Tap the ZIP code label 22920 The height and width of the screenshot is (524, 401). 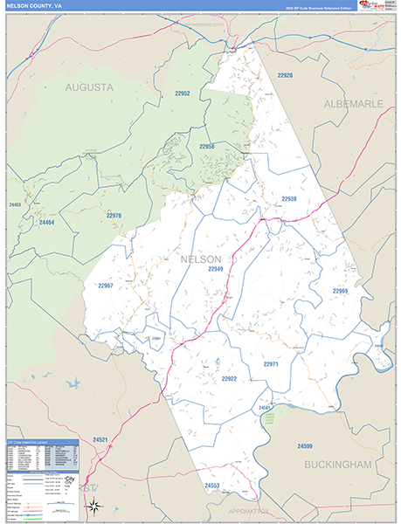tap(285, 76)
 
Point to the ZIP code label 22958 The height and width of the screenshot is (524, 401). tap(206, 147)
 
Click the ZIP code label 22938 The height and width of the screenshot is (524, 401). tap(289, 198)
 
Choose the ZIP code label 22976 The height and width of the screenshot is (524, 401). tap(114, 215)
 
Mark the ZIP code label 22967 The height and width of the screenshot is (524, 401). tap(106, 286)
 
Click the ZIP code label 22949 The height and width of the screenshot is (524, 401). tap(216, 269)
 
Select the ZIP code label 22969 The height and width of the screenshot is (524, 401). tap(340, 290)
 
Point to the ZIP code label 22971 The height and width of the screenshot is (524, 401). tap(271, 363)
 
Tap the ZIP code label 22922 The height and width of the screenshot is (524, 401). tap(229, 378)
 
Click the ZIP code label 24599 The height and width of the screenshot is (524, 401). tap(304, 446)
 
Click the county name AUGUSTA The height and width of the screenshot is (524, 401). tap(90, 87)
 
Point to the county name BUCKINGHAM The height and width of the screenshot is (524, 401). tap(338, 465)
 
